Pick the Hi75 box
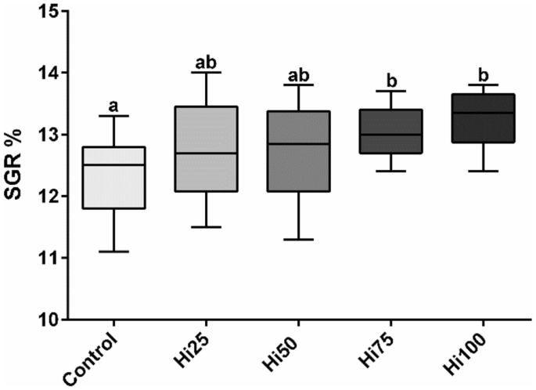tap(390, 132)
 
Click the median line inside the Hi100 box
tap(483, 113)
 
